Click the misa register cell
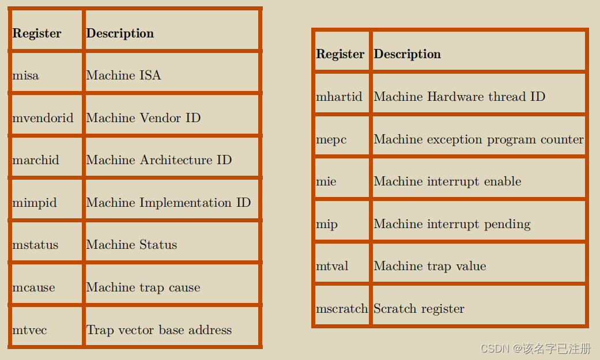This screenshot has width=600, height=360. [x=26, y=75]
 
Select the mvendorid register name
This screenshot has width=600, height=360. [x=43, y=118]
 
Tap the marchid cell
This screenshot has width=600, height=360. [x=36, y=160]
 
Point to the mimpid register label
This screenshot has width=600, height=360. [x=35, y=203]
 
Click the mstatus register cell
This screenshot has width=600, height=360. [x=35, y=245]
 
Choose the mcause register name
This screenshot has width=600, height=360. [x=33, y=287]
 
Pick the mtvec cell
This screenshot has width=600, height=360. [x=29, y=330]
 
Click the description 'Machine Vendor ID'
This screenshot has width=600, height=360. [x=144, y=118]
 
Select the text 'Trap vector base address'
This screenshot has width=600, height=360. [x=159, y=330]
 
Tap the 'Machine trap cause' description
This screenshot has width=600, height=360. [x=144, y=287]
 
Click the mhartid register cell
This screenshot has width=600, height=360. [x=339, y=97]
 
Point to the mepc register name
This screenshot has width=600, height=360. [x=331, y=139]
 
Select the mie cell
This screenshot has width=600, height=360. [x=326, y=181]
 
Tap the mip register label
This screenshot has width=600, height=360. [x=327, y=224]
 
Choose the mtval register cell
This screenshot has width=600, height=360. [x=332, y=266]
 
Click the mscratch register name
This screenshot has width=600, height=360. [x=342, y=309]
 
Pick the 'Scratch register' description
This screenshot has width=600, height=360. [x=419, y=309]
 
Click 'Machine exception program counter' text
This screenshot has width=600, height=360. [x=478, y=139]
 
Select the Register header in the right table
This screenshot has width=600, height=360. [x=340, y=54]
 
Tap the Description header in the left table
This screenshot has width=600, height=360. [x=120, y=33]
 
